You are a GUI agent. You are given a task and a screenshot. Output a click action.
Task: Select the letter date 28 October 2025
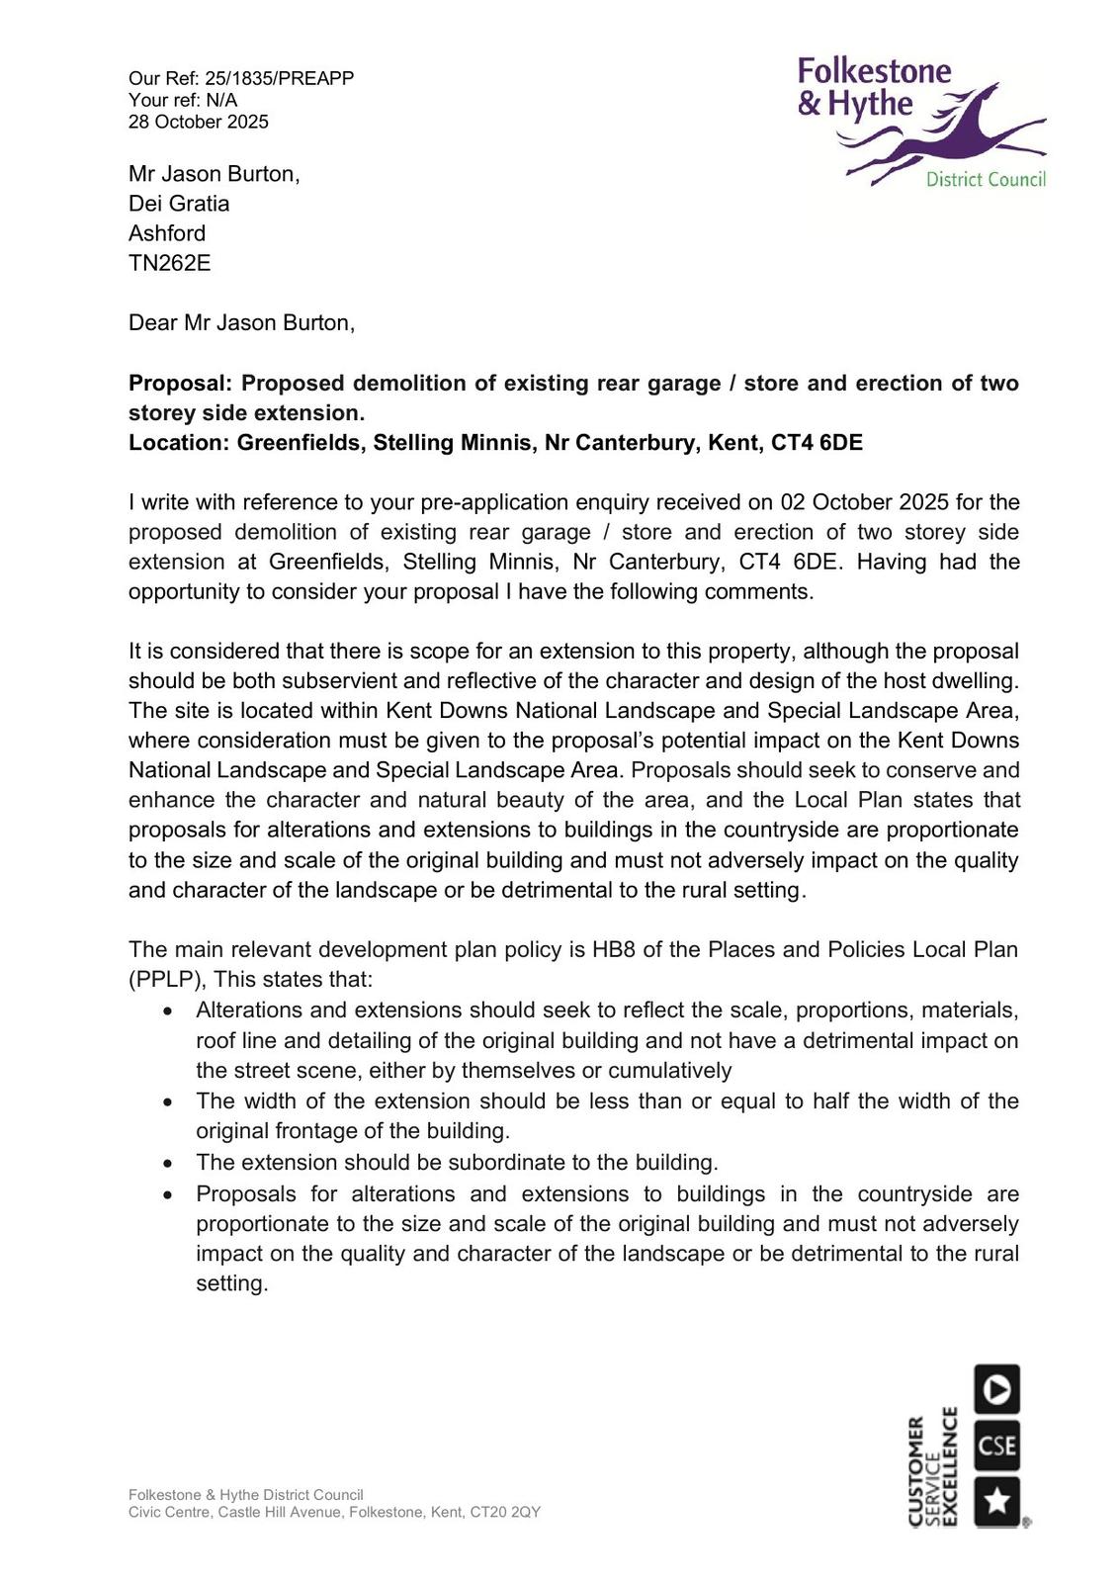(x=198, y=122)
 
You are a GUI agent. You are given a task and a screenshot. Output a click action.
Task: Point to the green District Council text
(x=985, y=179)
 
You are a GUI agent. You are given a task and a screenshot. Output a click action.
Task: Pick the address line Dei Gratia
(x=179, y=204)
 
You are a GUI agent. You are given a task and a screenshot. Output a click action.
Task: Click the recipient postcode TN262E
(x=169, y=263)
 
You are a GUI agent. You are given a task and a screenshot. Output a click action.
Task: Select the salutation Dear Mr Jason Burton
(x=241, y=322)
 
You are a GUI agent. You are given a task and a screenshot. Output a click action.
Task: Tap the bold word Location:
(x=179, y=442)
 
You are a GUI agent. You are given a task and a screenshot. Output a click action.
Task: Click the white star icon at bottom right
(x=996, y=1501)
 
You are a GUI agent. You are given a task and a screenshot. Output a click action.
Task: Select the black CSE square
(x=996, y=1446)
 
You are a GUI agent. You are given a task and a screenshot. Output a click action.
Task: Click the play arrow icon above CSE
(x=996, y=1389)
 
